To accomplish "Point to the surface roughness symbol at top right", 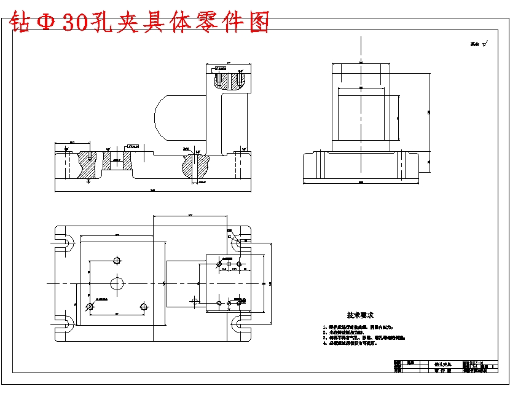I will click(x=479, y=44).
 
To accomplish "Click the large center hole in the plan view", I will click(x=117, y=283).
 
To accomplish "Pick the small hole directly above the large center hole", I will click(x=117, y=259).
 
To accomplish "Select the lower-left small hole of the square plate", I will click(x=90, y=306).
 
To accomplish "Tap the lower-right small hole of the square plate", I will click(x=143, y=306).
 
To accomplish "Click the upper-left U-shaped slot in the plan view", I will click(x=63, y=238).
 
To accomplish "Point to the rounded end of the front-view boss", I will click(x=161, y=117).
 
